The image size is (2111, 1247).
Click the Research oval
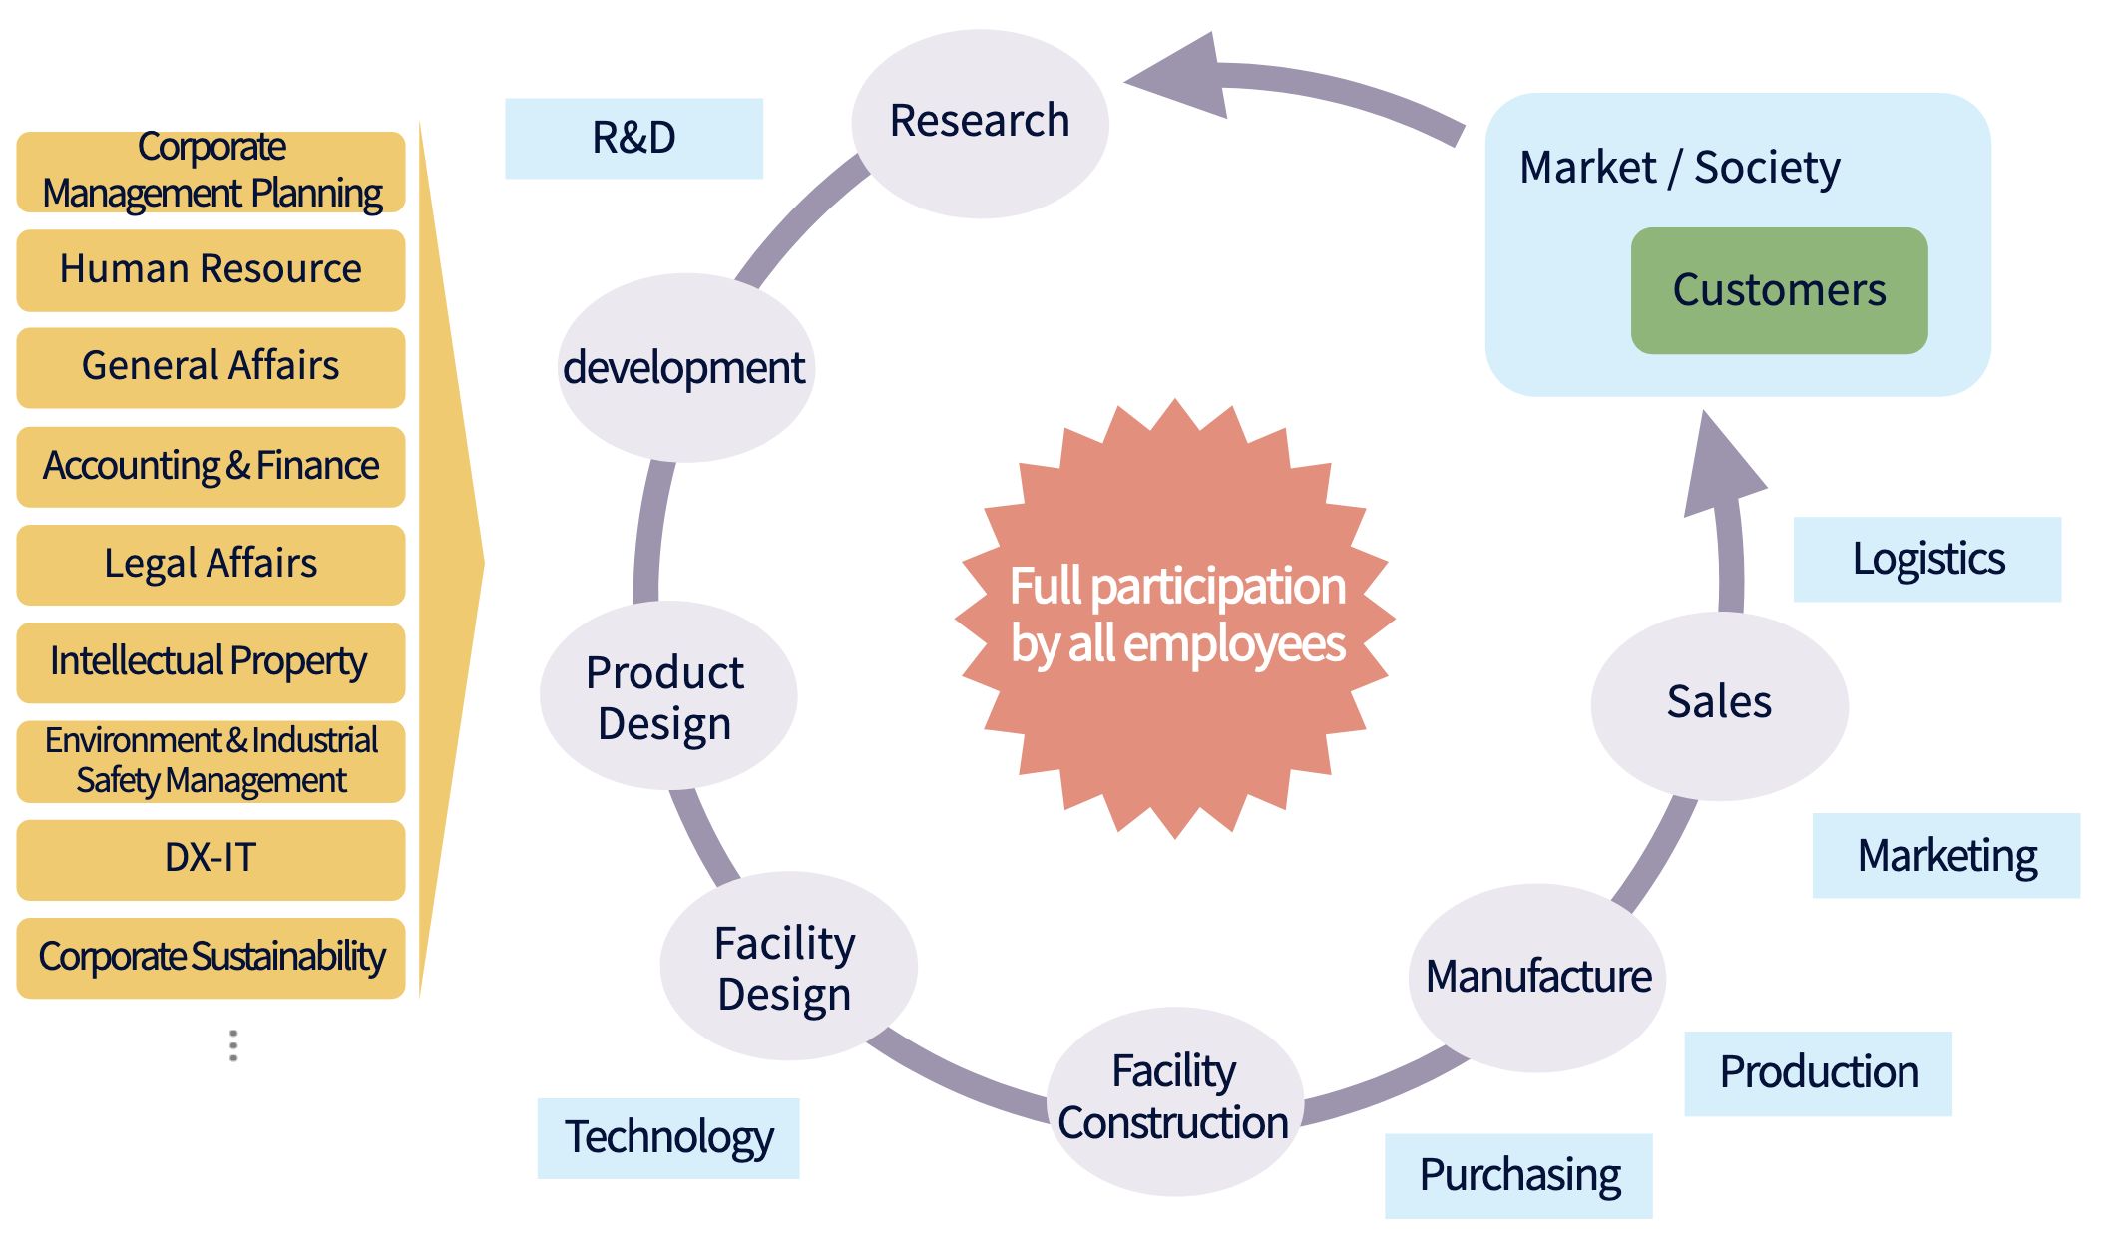point(980,124)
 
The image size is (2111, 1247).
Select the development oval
point(686,367)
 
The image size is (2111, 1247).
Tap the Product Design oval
point(668,695)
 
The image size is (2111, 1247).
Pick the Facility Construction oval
point(1175,1101)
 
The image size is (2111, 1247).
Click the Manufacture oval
point(1537,978)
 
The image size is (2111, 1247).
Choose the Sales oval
point(1720,705)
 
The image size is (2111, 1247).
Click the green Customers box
point(1780,290)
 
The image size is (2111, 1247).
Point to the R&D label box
point(634,139)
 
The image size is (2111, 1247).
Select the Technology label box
point(668,1138)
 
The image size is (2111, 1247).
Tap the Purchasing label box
point(1518,1176)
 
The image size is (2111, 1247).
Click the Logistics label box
point(1927,560)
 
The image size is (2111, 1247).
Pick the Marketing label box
point(1946,856)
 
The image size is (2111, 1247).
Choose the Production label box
point(1819,1073)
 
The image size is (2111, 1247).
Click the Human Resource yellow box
point(211,270)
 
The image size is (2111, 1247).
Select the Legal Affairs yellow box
point(211,565)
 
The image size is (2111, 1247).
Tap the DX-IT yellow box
point(211,860)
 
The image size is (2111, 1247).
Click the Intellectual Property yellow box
point(211,662)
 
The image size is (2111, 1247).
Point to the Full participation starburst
point(1175,619)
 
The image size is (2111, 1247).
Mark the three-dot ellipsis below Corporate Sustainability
point(233,1045)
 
